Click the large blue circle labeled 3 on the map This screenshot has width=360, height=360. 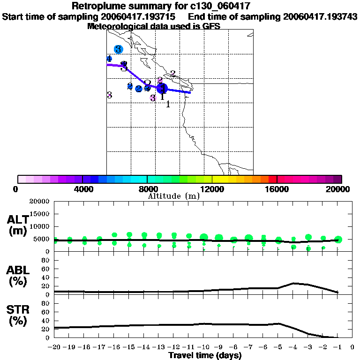coord(118,49)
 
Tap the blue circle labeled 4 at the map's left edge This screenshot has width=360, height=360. coord(109,59)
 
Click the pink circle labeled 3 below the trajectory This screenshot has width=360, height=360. coord(153,98)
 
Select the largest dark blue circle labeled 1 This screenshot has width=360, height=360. coord(162,88)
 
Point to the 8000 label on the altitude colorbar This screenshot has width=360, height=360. coord(147,189)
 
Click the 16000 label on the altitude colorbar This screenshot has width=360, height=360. coord(277,189)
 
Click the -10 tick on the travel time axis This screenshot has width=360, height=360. coord(203,347)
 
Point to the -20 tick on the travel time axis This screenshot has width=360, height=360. coord(54,347)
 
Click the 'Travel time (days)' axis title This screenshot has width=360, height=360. coord(205,355)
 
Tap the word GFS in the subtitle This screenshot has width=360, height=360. coord(211,26)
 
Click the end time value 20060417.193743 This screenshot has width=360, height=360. coord(320,16)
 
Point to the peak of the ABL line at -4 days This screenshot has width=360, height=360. coord(293,283)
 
